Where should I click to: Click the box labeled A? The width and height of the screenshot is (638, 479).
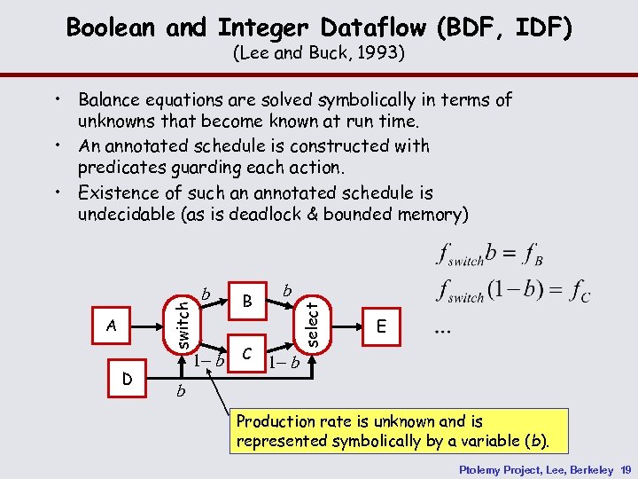coord(112,326)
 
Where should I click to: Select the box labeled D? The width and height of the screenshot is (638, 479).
coord(128,380)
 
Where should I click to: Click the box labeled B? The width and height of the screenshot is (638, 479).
coord(248,302)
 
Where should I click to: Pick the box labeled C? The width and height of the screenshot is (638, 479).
coord(248,353)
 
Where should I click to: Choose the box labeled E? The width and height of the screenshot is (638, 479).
coord(381,326)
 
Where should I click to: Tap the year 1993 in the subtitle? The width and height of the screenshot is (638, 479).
coord(379,54)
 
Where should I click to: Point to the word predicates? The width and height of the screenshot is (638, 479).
coord(121,168)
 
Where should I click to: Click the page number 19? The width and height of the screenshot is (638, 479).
coord(625,467)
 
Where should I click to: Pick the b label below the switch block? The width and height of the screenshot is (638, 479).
coord(181,390)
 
